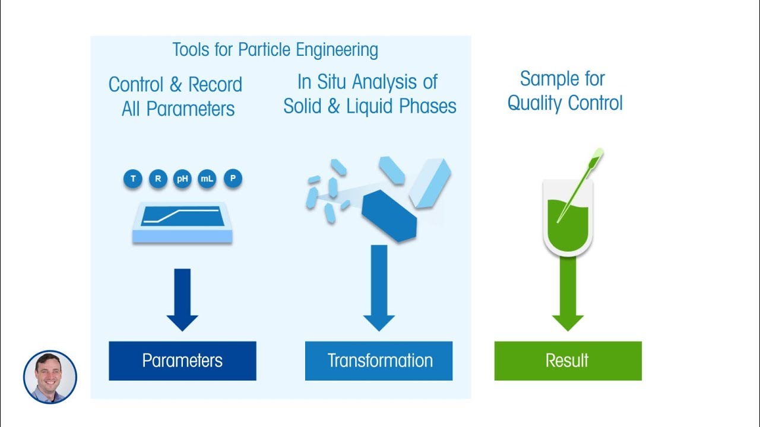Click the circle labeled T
pyautogui.click(x=133, y=179)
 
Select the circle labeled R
pyautogui.click(x=158, y=179)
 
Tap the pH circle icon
pyautogui.click(x=182, y=179)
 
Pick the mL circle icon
pyautogui.click(x=207, y=179)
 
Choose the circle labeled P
pyautogui.click(x=233, y=179)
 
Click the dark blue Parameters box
pyautogui.click(x=182, y=361)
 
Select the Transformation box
pyautogui.click(x=379, y=361)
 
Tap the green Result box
pyautogui.click(x=568, y=361)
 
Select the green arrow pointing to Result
pyautogui.click(x=568, y=297)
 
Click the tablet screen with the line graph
pyautogui.click(x=182, y=216)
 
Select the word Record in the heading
pyautogui.click(x=215, y=85)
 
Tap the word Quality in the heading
pyautogui.click(x=535, y=103)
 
